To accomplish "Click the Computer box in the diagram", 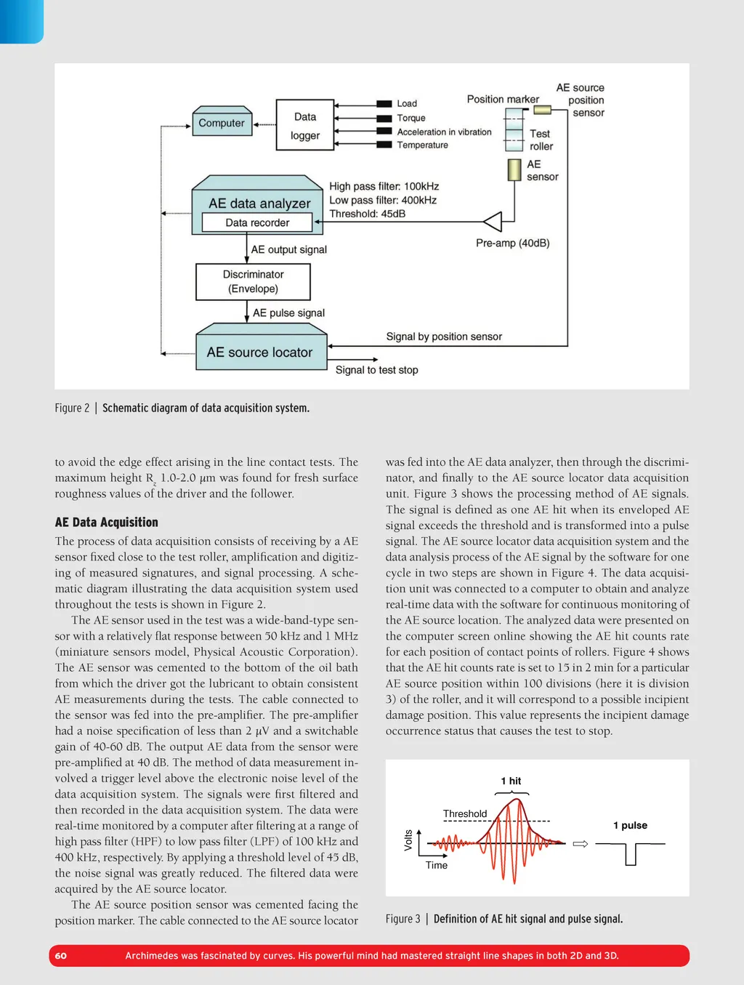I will point(222,123).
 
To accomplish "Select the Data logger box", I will point(305,126).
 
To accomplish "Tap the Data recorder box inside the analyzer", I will point(257,222).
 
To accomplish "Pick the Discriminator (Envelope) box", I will point(253,281).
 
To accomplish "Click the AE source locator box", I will point(259,353).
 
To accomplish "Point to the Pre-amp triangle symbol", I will point(493,221).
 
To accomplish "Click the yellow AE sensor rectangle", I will point(514,170).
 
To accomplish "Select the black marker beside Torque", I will point(384,118).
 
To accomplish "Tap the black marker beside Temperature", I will point(384,145).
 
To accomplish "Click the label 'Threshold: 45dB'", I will point(367,214).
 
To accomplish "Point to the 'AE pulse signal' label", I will point(288,313).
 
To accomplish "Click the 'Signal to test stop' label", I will point(376,370).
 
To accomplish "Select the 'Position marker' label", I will point(503,100).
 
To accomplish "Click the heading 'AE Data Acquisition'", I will point(106,522).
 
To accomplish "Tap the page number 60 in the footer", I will point(61,956).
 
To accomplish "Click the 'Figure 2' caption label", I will point(72,408).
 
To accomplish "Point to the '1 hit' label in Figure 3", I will point(511,781).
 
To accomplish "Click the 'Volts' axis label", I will point(408,840).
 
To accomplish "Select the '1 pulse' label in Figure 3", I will point(630,825).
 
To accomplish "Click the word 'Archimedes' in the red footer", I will point(152,956).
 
